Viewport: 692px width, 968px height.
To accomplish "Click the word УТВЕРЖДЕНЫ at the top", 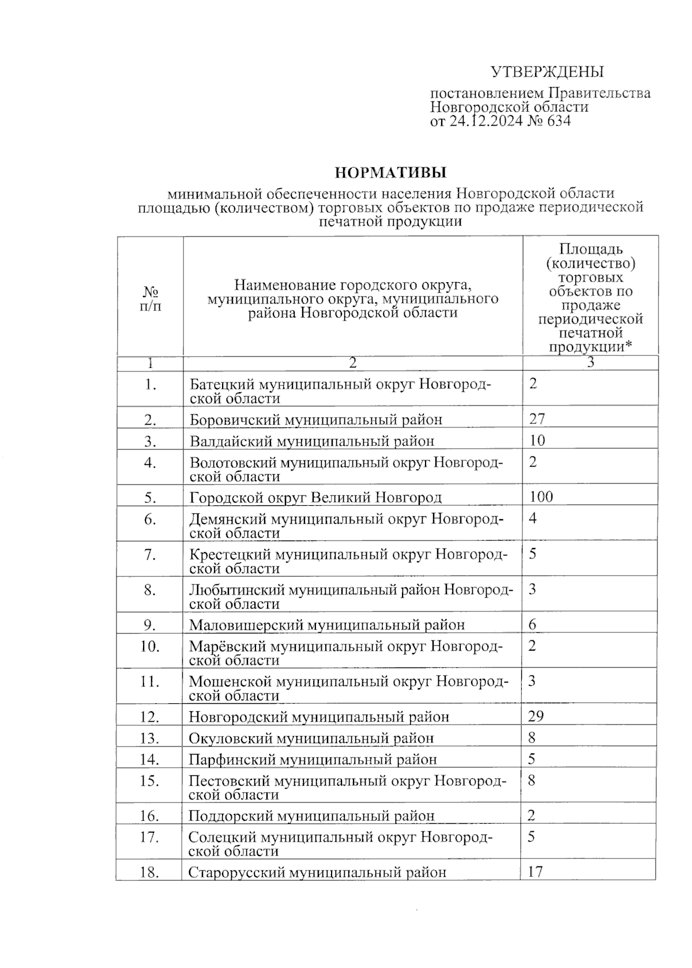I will pyautogui.click(x=547, y=72).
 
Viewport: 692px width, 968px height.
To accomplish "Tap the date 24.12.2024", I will pyautogui.click(x=486, y=121).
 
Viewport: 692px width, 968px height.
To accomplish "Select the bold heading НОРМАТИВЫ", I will pyautogui.click(x=390, y=172).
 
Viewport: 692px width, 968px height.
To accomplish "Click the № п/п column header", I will pyautogui.click(x=150, y=298).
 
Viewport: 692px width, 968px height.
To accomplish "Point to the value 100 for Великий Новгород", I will pyautogui.click(x=541, y=497).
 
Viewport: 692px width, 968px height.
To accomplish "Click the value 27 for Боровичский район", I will pyautogui.click(x=537, y=419).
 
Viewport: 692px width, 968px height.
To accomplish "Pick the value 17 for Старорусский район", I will pyautogui.click(x=535, y=872).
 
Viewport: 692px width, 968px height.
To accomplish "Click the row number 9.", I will pyautogui.click(x=150, y=625).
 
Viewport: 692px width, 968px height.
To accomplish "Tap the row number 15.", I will pyautogui.click(x=149, y=781).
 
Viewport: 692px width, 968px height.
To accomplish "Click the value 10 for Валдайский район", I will pyautogui.click(x=537, y=441).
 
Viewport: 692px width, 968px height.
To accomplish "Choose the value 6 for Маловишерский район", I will pyautogui.click(x=532, y=624).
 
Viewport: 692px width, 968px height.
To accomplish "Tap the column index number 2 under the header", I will pyautogui.click(x=352, y=363).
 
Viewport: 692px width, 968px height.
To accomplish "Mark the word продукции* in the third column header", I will pyautogui.click(x=590, y=347).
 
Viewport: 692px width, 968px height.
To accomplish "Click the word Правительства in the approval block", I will pyautogui.click(x=599, y=93).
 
